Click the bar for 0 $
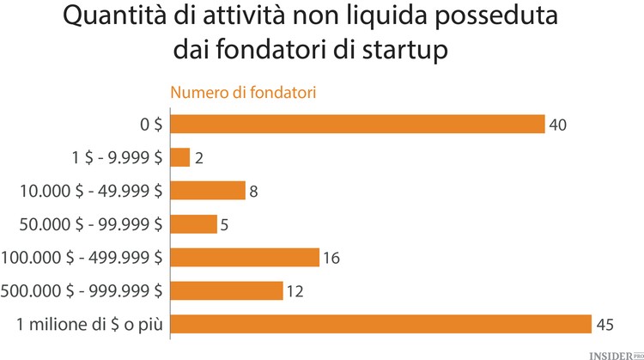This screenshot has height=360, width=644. pyautogui.click(x=357, y=125)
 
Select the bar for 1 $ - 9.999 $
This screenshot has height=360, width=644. pyautogui.click(x=180, y=157)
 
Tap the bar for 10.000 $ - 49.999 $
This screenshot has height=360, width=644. pyautogui.click(x=208, y=191)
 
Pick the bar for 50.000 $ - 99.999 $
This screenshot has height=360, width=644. pyautogui.click(x=194, y=223)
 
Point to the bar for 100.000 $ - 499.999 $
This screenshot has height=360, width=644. pyautogui.click(x=245, y=257)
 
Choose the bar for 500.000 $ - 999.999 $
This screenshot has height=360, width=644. pyautogui.click(x=227, y=290)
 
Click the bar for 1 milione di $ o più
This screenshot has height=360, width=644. pyautogui.click(x=381, y=324)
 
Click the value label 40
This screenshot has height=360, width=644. pyautogui.click(x=558, y=125)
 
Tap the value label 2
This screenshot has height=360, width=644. pyautogui.click(x=198, y=158)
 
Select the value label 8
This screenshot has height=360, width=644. pyautogui.click(x=254, y=192)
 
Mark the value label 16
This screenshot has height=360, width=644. pyautogui.click(x=332, y=258)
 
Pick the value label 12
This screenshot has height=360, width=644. pyautogui.click(x=295, y=291)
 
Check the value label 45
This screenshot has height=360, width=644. pyautogui.click(x=605, y=325)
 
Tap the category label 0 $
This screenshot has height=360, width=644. pyautogui.click(x=151, y=125)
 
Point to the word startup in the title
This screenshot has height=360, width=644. pyautogui.click(x=405, y=49)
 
